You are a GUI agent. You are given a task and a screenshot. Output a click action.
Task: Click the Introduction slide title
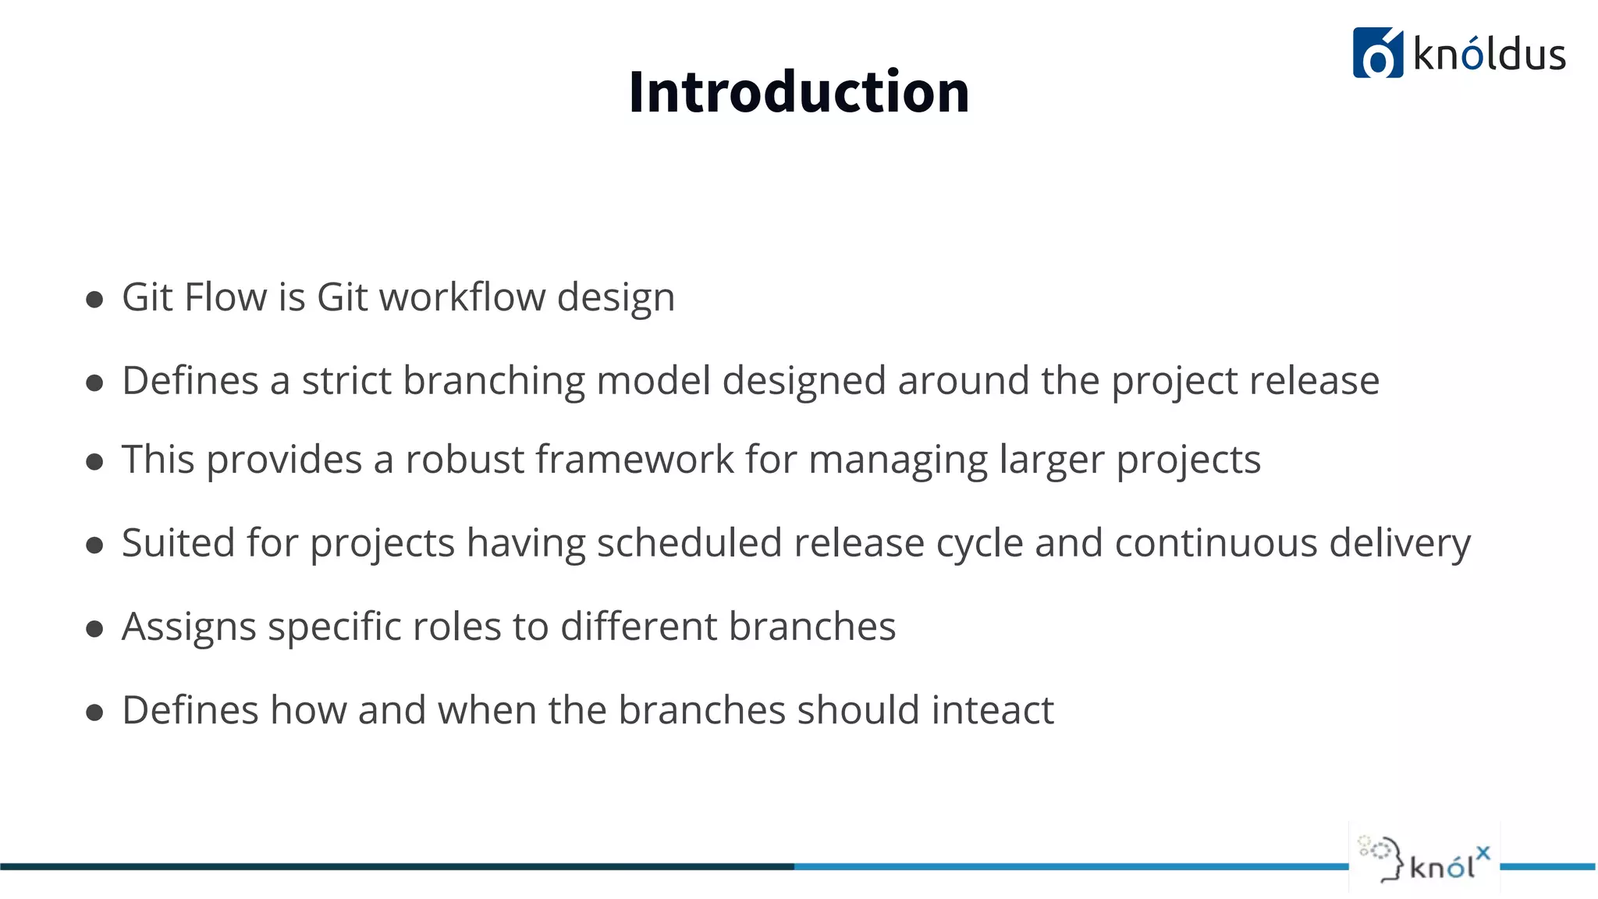798,92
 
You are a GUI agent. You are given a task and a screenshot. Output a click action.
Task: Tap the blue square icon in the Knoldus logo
1377,53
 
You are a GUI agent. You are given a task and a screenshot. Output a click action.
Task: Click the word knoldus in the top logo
1489,55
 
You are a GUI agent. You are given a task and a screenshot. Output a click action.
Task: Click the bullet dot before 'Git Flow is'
94,300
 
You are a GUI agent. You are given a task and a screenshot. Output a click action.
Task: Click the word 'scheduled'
688,542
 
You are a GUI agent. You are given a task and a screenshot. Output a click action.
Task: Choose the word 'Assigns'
189,627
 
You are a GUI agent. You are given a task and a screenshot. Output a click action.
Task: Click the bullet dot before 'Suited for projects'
94,545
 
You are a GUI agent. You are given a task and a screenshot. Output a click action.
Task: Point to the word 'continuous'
1216,542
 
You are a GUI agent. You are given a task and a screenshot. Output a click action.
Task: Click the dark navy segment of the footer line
390,866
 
